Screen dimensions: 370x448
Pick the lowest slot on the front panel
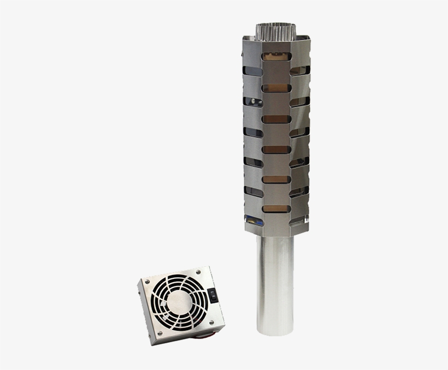coord(275,208)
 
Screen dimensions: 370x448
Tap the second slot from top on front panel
coord(275,87)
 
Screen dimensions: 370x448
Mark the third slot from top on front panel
coord(275,118)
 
